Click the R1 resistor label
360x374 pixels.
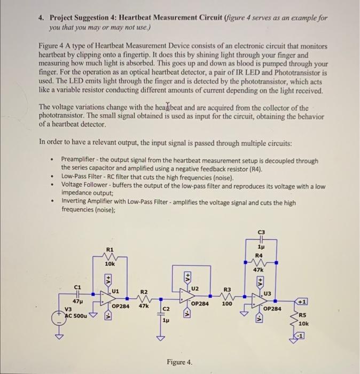pos(110,250)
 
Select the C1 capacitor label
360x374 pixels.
pos(78,286)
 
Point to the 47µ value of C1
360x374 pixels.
pos(76,302)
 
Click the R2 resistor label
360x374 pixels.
pos(144,292)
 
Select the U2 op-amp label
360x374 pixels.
pos(194,289)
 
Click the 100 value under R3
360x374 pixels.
pos(227,303)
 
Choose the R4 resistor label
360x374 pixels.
pos(260,256)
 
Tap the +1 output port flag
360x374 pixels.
pos(302,302)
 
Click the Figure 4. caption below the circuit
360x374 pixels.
pos(179,362)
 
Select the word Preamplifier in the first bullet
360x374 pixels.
pos(81,160)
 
